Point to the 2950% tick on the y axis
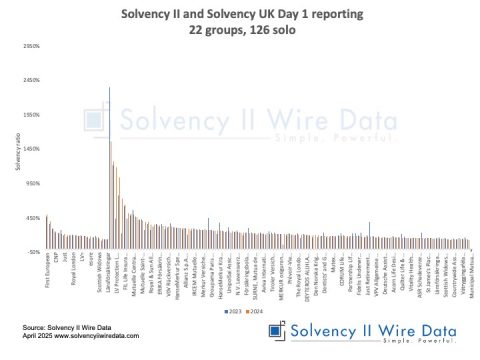30,46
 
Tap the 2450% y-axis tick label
30,81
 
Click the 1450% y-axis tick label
30,149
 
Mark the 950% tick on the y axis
31,183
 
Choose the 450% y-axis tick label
31,217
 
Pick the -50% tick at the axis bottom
32,251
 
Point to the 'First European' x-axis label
47,275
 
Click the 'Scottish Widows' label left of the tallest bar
96,277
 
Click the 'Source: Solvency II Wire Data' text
63,326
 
